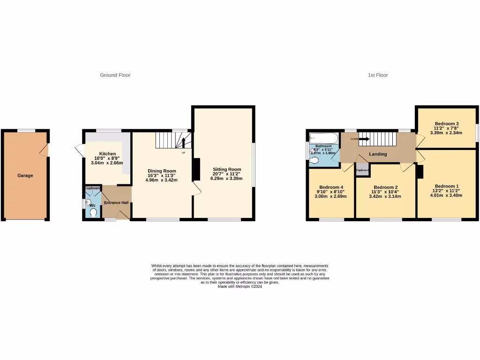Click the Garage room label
[x=25, y=175]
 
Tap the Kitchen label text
[x=107, y=154]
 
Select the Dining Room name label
[x=162, y=171]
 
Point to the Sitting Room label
[x=227, y=169]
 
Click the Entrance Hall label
[x=116, y=202]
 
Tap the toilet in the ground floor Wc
[x=93, y=213]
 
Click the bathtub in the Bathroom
[x=323, y=138]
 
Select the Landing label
[x=378, y=154]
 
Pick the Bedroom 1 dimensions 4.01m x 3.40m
[x=446, y=195]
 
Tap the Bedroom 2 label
[x=385, y=187]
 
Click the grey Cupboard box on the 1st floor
[x=362, y=170]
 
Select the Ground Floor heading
[x=115, y=75]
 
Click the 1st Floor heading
[x=378, y=75]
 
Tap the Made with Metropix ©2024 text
[x=240, y=286]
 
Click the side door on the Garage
[x=45, y=150]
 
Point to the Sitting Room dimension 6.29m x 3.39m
[x=227, y=178]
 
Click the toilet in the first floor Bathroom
[x=315, y=160]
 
